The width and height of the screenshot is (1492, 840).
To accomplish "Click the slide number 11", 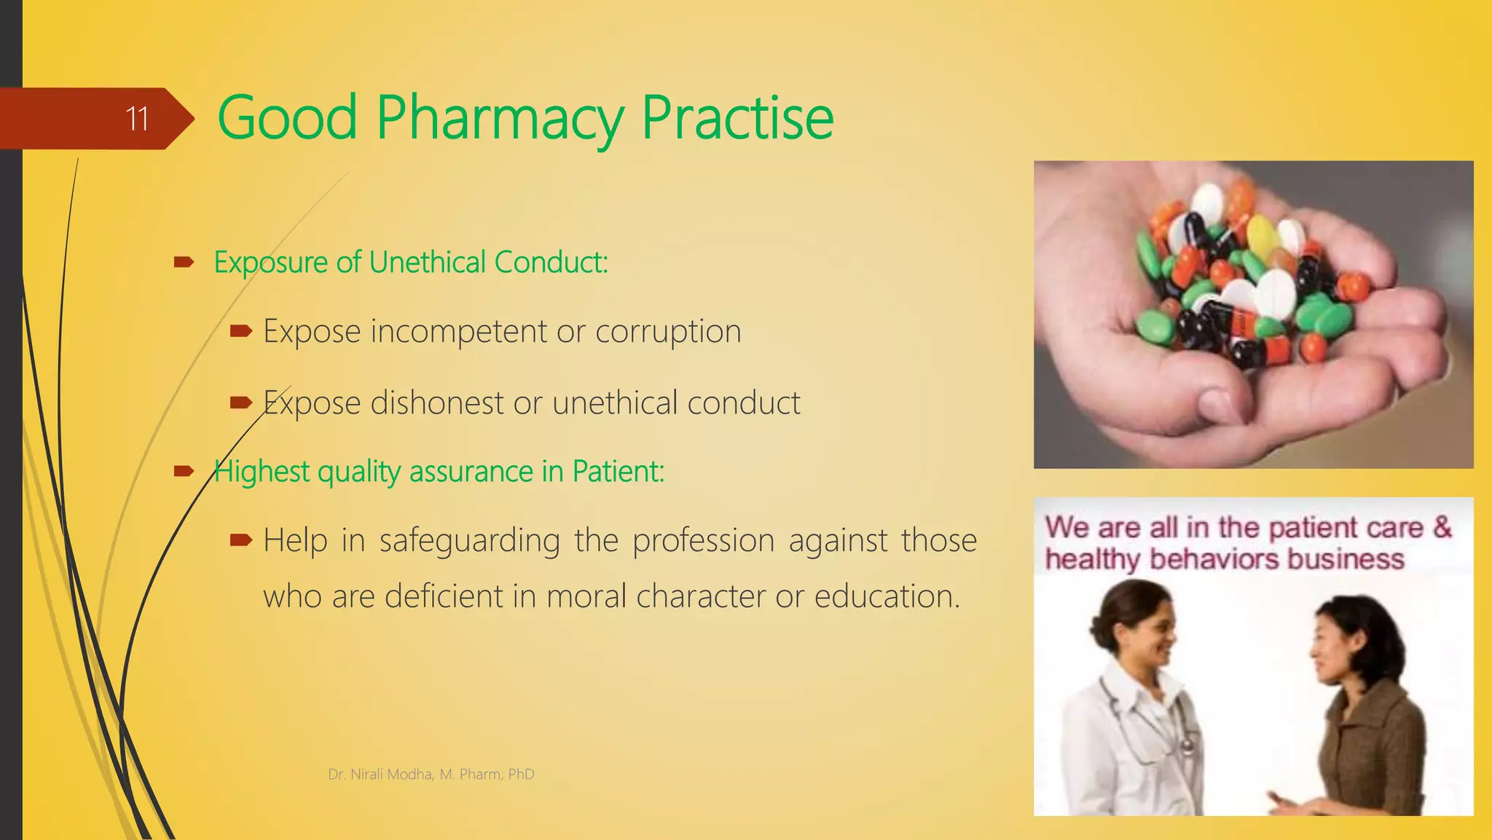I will (137, 119).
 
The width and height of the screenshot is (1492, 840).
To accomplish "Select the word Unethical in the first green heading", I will (427, 262).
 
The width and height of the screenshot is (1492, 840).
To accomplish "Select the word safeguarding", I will (469, 541).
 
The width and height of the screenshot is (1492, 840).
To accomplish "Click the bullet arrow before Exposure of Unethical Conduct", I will (184, 262).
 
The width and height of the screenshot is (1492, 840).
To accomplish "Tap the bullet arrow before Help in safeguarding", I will (240, 540).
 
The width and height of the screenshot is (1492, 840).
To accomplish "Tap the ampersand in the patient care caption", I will (1442, 527).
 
